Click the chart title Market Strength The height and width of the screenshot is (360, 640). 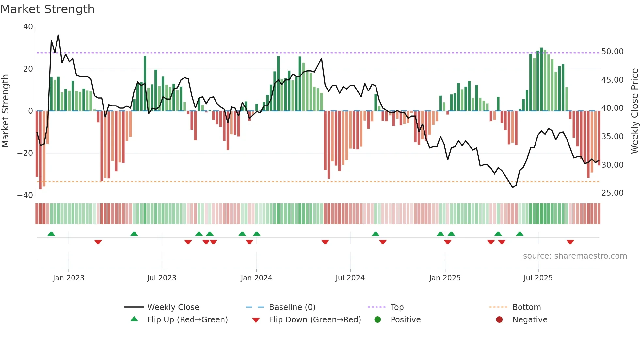[x=47, y=9]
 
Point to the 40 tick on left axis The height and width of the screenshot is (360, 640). [x=28, y=27]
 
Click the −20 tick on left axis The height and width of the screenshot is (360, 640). [x=25, y=153]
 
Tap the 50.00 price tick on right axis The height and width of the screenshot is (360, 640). [x=612, y=52]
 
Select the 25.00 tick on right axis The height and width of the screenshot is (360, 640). [x=612, y=193]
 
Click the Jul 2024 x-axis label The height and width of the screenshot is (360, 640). [x=350, y=278]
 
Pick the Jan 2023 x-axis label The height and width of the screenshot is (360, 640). [x=69, y=278]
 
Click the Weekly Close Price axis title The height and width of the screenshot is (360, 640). [x=634, y=111]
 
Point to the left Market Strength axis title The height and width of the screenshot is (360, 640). [x=6, y=111]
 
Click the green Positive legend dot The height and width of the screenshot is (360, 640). [x=378, y=320]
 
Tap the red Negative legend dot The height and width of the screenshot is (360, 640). [x=499, y=320]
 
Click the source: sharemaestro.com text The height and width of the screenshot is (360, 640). [x=575, y=256]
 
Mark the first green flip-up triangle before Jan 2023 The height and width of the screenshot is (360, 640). [x=51, y=234]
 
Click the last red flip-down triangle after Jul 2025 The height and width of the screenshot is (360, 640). [x=570, y=242]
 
